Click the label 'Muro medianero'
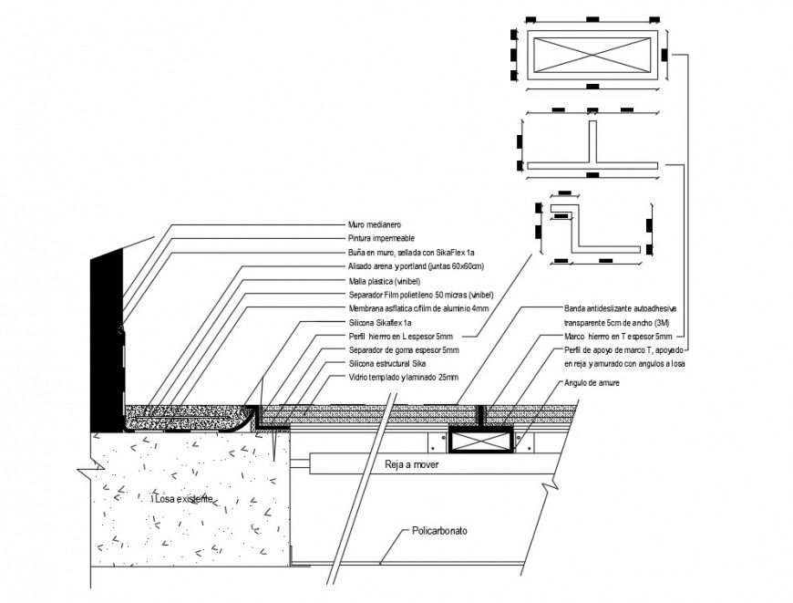[x=375, y=224]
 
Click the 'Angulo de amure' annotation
[x=592, y=383]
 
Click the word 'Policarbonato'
[x=439, y=531]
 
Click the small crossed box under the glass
[x=479, y=442]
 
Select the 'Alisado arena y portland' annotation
[x=415, y=266]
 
